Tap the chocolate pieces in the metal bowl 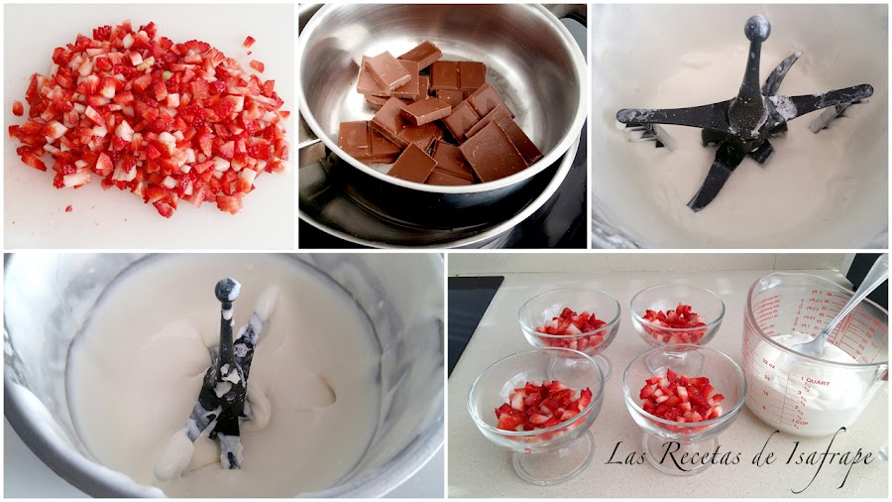coord(436,114)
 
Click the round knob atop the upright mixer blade coord(757,29)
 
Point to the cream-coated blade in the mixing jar coord(230,377)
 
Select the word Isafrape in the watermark coord(829,456)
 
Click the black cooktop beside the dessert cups coord(471,317)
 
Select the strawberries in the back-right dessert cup coord(678,323)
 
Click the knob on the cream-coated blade coord(227,290)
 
